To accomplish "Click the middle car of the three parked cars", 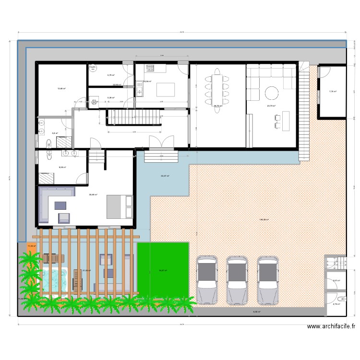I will pos(238,279).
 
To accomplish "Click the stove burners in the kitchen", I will pos(150,68).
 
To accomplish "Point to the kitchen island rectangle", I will pos(163,89).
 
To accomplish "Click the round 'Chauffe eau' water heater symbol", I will pos(93,69).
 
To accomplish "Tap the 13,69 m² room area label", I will pos(61,89).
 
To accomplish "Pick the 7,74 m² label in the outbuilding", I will pos(332,91).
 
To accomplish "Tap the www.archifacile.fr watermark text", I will pos(331,327).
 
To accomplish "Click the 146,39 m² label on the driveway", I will pos(264,220).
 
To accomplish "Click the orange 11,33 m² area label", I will pos(31,246).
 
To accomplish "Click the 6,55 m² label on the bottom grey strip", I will pos(256,312).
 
